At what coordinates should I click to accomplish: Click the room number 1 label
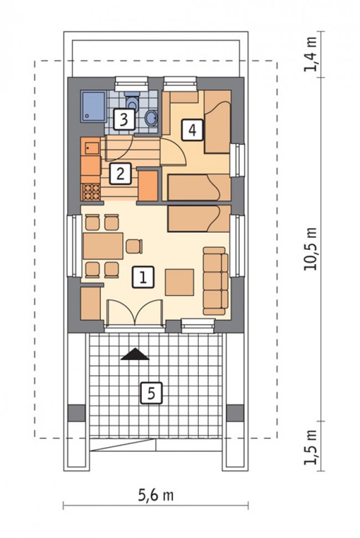click(143, 277)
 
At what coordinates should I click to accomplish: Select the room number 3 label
click(124, 120)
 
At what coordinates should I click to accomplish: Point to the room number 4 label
click(192, 130)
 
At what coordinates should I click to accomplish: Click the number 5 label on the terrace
click(151, 393)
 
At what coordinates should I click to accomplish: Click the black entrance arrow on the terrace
click(135, 355)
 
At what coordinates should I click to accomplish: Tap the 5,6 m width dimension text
click(156, 495)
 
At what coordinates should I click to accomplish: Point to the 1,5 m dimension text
click(310, 446)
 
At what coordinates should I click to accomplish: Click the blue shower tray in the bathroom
click(93, 106)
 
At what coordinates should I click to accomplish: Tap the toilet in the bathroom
click(132, 100)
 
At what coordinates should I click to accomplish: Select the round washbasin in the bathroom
click(151, 118)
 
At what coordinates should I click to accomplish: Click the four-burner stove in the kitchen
click(91, 192)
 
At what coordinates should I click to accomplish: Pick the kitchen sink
click(90, 148)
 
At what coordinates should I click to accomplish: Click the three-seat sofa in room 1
click(215, 281)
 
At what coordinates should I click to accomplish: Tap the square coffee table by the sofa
click(179, 283)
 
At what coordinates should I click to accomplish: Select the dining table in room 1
click(103, 245)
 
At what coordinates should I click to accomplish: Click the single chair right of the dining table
click(134, 247)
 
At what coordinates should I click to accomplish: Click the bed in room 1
click(199, 218)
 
